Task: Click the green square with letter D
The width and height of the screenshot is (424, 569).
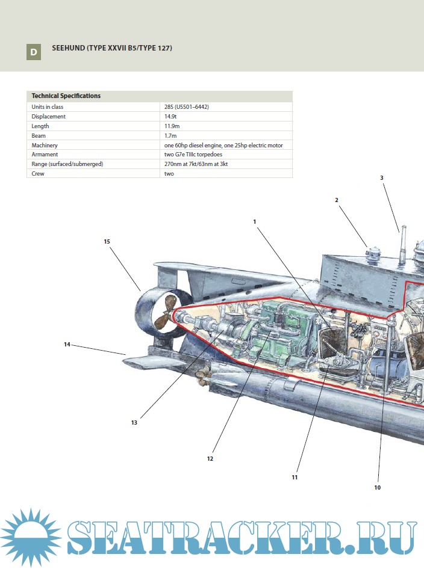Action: click(34, 52)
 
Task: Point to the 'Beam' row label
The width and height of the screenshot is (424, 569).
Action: click(39, 136)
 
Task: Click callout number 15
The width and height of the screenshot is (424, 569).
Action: click(107, 241)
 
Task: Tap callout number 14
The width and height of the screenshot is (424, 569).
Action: click(67, 344)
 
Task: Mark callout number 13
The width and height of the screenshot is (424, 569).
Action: click(134, 422)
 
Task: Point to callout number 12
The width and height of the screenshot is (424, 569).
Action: click(210, 458)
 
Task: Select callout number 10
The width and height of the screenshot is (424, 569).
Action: click(378, 487)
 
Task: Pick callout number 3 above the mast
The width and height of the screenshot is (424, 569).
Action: click(382, 178)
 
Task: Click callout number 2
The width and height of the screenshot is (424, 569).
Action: click(337, 200)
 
